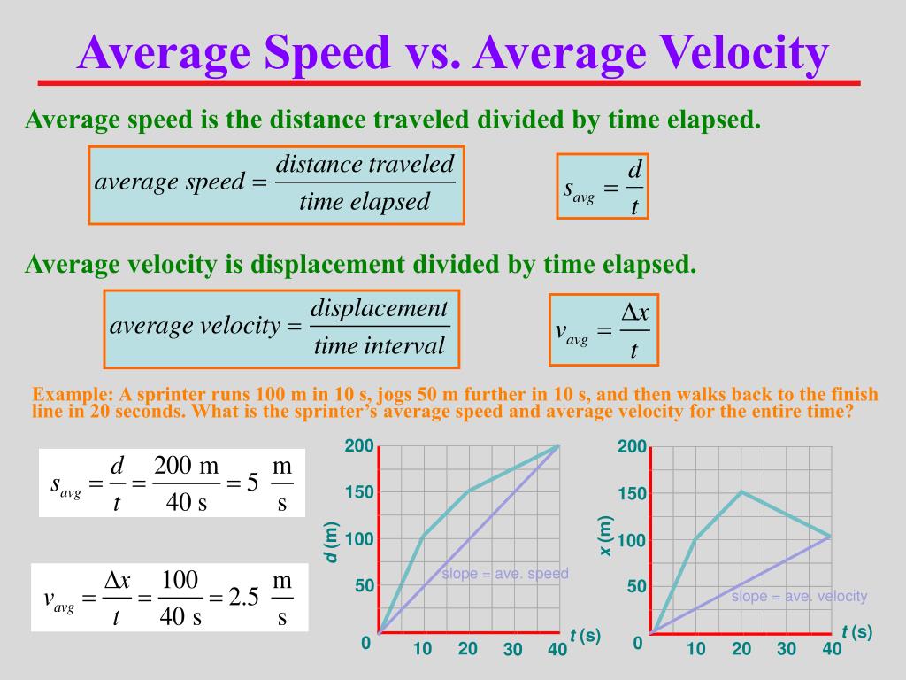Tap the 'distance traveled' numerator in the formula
(x=365, y=164)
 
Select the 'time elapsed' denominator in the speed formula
(x=364, y=202)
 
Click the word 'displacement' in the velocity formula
(x=380, y=308)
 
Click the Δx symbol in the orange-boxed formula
(x=634, y=312)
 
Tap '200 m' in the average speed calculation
(x=186, y=467)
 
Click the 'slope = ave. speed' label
(x=505, y=574)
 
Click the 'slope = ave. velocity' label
(x=799, y=596)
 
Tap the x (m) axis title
(x=606, y=537)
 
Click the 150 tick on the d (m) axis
(x=358, y=492)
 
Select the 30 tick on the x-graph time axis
(x=787, y=649)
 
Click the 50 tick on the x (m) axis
(x=636, y=587)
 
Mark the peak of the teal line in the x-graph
(x=741, y=491)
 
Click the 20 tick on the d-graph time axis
(x=467, y=649)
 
